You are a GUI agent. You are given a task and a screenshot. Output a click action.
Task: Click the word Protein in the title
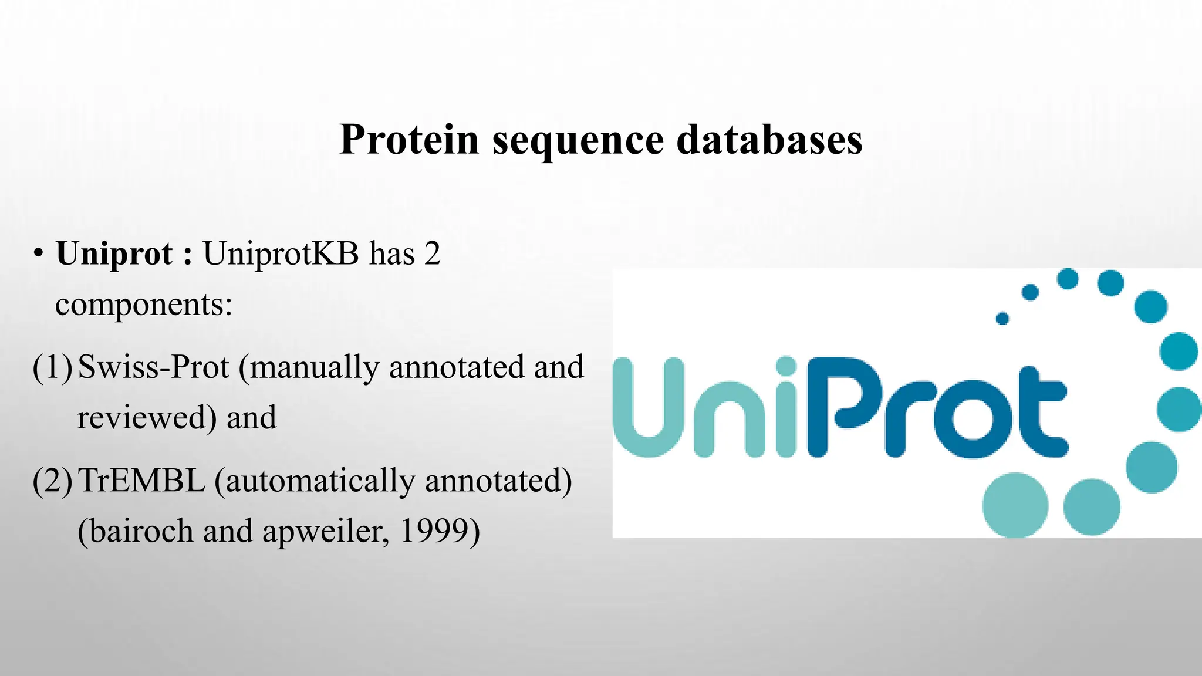coord(409,140)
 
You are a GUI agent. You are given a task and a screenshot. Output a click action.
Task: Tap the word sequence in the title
coord(578,140)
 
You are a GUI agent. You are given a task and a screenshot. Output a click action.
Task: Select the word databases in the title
coord(769,140)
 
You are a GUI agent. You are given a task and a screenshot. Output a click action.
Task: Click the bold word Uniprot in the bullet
coord(114,255)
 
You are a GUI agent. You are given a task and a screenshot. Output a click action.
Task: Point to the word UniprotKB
coord(281,253)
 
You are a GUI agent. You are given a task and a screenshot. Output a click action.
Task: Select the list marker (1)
coord(53,367)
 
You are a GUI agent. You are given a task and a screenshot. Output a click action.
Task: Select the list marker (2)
coord(53,481)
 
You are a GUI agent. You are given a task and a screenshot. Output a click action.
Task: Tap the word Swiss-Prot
coord(153,367)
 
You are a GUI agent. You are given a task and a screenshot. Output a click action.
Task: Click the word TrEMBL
coord(141,481)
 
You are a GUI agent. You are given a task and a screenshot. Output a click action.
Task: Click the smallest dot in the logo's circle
coord(1002,318)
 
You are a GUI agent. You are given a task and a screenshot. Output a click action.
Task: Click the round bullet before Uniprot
coord(38,255)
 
